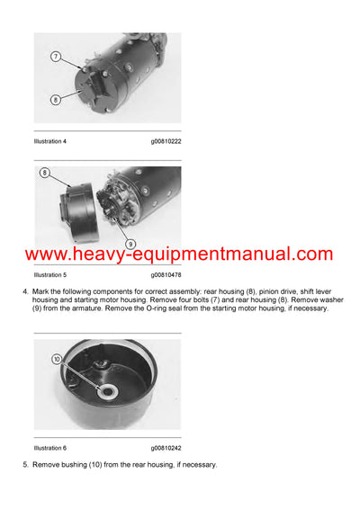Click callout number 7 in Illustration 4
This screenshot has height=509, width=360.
[55, 57]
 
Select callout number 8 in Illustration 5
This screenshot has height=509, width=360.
[44, 172]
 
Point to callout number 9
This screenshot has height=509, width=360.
[130, 242]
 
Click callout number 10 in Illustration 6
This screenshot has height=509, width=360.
[56, 359]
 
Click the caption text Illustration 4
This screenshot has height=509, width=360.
[50, 141]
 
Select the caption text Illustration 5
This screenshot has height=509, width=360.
[50, 274]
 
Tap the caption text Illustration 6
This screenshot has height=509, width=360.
[50, 447]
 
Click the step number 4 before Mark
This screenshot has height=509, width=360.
[26, 291]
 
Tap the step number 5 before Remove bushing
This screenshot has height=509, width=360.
[26, 464]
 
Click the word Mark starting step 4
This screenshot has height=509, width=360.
[43, 291]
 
